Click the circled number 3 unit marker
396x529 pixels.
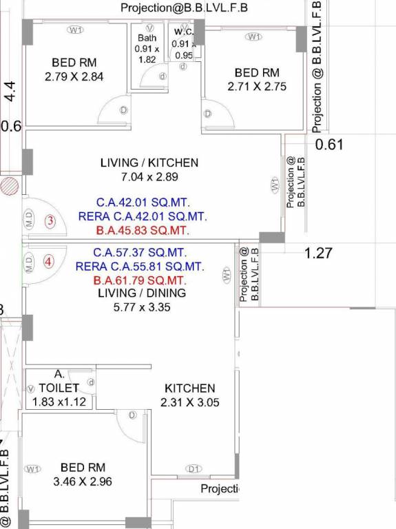point(50,221)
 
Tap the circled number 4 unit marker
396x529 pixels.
point(48,261)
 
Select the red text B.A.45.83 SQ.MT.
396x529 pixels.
point(143,230)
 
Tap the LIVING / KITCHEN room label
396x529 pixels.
point(149,163)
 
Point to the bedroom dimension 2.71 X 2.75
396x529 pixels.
point(256,87)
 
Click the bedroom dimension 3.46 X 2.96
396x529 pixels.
point(82,481)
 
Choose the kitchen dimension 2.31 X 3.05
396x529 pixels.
point(189,402)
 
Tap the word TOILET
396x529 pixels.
point(59,388)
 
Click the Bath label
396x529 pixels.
point(147,38)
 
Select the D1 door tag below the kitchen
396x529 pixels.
point(194,469)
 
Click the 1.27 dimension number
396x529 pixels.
point(318,253)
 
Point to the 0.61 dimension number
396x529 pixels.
point(329,145)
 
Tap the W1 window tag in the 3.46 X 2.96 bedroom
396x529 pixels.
point(32,469)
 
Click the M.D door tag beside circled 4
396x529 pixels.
point(29,262)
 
